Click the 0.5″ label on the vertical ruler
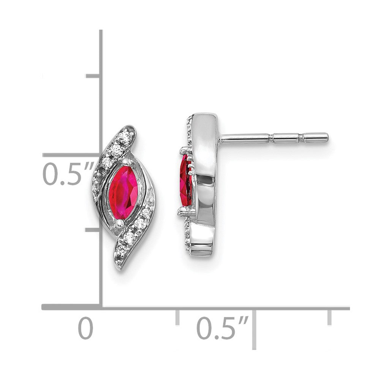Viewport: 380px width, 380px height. pos(68,174)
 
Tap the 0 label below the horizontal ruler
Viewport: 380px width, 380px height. pos(85,328)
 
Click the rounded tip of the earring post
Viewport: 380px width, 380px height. pos(327,138)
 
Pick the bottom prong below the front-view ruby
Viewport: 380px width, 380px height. pos(119,223)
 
